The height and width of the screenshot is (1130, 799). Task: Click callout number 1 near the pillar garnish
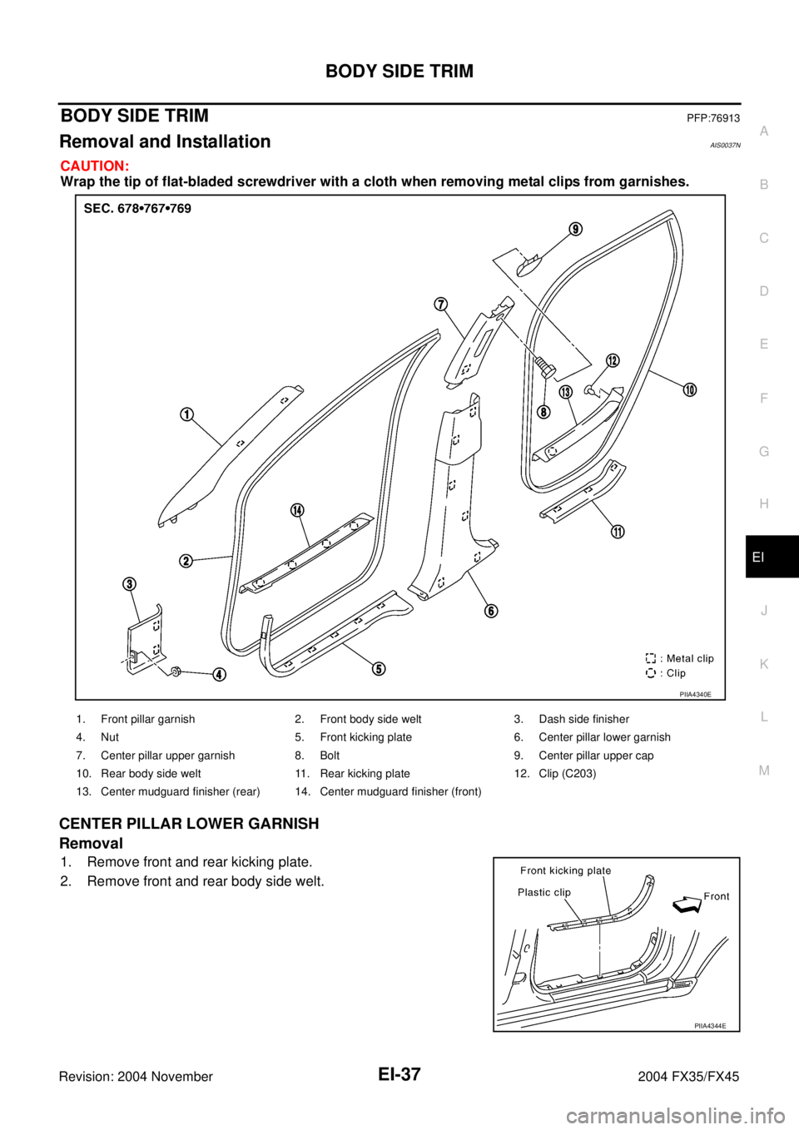click(x=188, y=414)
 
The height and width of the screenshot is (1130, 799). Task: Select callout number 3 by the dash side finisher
click(x=131, y=583)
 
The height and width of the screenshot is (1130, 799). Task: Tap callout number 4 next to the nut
click(x=218, y=675)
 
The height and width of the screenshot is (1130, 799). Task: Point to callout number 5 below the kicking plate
click(x=379, y=668)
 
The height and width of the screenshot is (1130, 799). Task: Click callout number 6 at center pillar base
click(x=491, y=611)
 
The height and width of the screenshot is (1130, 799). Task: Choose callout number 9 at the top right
click(x=575, y=229)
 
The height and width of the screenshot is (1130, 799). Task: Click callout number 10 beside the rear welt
click(x=690, y=390)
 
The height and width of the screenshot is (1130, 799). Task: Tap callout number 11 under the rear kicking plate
click(x=618, y=533)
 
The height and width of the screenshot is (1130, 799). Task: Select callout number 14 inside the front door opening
click(x=297, y=510)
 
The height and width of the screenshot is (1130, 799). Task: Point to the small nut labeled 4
click(x=177, y=671)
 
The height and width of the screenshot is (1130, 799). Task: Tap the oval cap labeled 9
click(x=528, y=265)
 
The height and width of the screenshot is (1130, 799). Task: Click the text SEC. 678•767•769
click(x=137, y=209)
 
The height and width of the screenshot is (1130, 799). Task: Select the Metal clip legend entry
click(x=679, y=658)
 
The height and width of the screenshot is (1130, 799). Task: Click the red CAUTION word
click(x=94, y=166)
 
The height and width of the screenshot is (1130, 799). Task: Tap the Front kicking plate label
click(x=565, y=870)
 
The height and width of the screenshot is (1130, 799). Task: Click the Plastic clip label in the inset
click(x=543, y=892)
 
